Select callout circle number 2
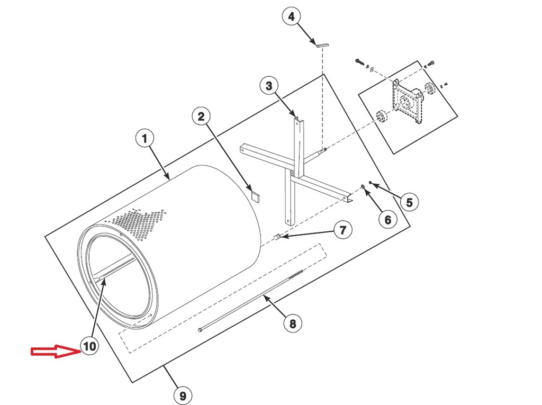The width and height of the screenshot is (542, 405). [x=201, y=116]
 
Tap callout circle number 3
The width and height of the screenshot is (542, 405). [x=269, y=85]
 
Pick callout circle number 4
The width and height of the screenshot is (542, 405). [x=291, y=16]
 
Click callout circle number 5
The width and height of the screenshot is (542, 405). [x=409, y=202]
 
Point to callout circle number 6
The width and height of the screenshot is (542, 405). [x=387, y=219]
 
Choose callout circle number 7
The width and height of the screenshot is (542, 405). [x=342, y=230]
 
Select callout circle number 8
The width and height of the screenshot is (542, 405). [x=293, y=322]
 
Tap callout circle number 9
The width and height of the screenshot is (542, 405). [x=182, y=394]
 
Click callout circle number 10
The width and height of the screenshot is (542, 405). [x=89, y=346]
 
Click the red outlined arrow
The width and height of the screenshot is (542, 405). [x=53, y=352]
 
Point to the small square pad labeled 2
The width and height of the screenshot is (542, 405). [x=256, y=196]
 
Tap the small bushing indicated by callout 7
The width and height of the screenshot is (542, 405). [x=276, y=237]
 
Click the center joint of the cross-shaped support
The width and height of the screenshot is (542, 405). [x=293, y=173]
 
